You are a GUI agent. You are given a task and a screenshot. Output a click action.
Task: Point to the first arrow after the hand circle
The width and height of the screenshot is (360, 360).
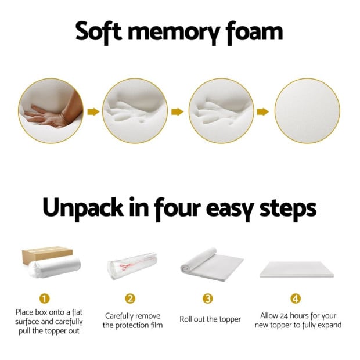93,111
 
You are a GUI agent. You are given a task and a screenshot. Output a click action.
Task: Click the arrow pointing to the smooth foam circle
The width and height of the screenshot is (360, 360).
263,111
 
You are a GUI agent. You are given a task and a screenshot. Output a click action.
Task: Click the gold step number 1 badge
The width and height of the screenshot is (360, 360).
44,298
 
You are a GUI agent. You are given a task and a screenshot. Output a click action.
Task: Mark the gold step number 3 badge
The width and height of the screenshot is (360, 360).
207,298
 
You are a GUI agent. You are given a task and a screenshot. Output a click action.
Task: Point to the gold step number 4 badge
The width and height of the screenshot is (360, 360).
296,298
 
